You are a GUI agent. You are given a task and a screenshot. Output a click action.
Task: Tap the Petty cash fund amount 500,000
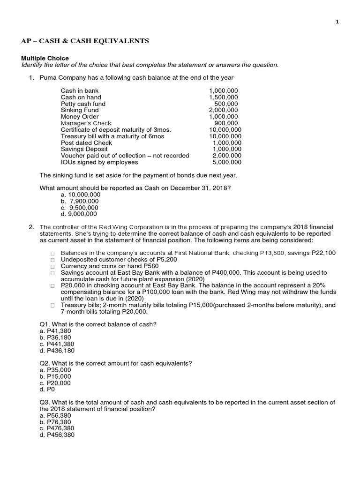click(x=226, y=104)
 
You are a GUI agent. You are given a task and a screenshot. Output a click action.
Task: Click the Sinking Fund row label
click(x=80, y=110)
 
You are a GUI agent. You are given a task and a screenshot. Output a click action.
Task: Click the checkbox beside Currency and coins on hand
click(x=53, y=266)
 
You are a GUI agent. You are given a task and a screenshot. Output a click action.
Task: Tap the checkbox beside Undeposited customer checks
click(x=53, y=260)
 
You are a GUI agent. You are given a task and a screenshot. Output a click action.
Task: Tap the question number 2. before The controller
click(x=31, y=227)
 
